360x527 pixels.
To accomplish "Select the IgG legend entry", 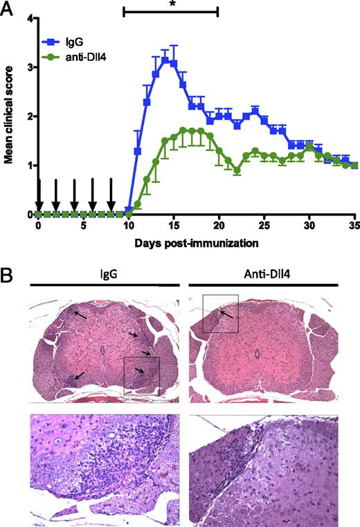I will [x=69, y=32].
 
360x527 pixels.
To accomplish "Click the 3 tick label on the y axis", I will [x=30, y=67].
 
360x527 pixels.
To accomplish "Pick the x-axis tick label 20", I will [x=217, y=226].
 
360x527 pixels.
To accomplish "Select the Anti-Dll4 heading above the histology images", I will [x=262, y=271].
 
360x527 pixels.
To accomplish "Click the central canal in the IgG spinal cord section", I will [x=102, y=352].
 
